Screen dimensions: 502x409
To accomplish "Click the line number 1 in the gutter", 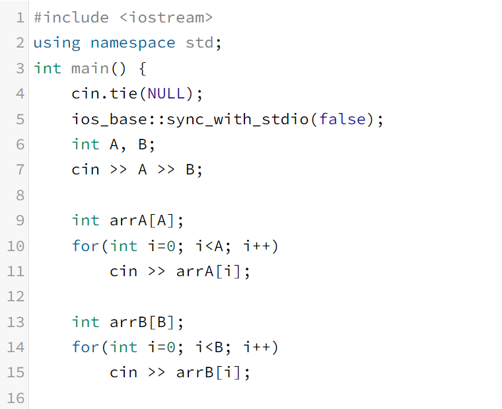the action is coord(20,18).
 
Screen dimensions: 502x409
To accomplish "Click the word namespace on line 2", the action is coord(133,43).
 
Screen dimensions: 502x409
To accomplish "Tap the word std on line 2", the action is coord(199,43).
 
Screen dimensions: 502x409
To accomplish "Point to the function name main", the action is coord(90,69).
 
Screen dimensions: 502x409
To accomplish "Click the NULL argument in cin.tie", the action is coord(166,94).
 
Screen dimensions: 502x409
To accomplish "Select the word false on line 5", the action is coord(342,120).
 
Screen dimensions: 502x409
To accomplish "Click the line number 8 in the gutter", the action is coord(20,195).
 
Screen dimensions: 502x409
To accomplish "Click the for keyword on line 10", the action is coord(85,246).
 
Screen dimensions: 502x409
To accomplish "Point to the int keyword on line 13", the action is coord(85,322).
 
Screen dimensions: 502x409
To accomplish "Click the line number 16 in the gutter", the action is coord(16,398).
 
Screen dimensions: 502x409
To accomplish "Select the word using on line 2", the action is coord(57,43).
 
